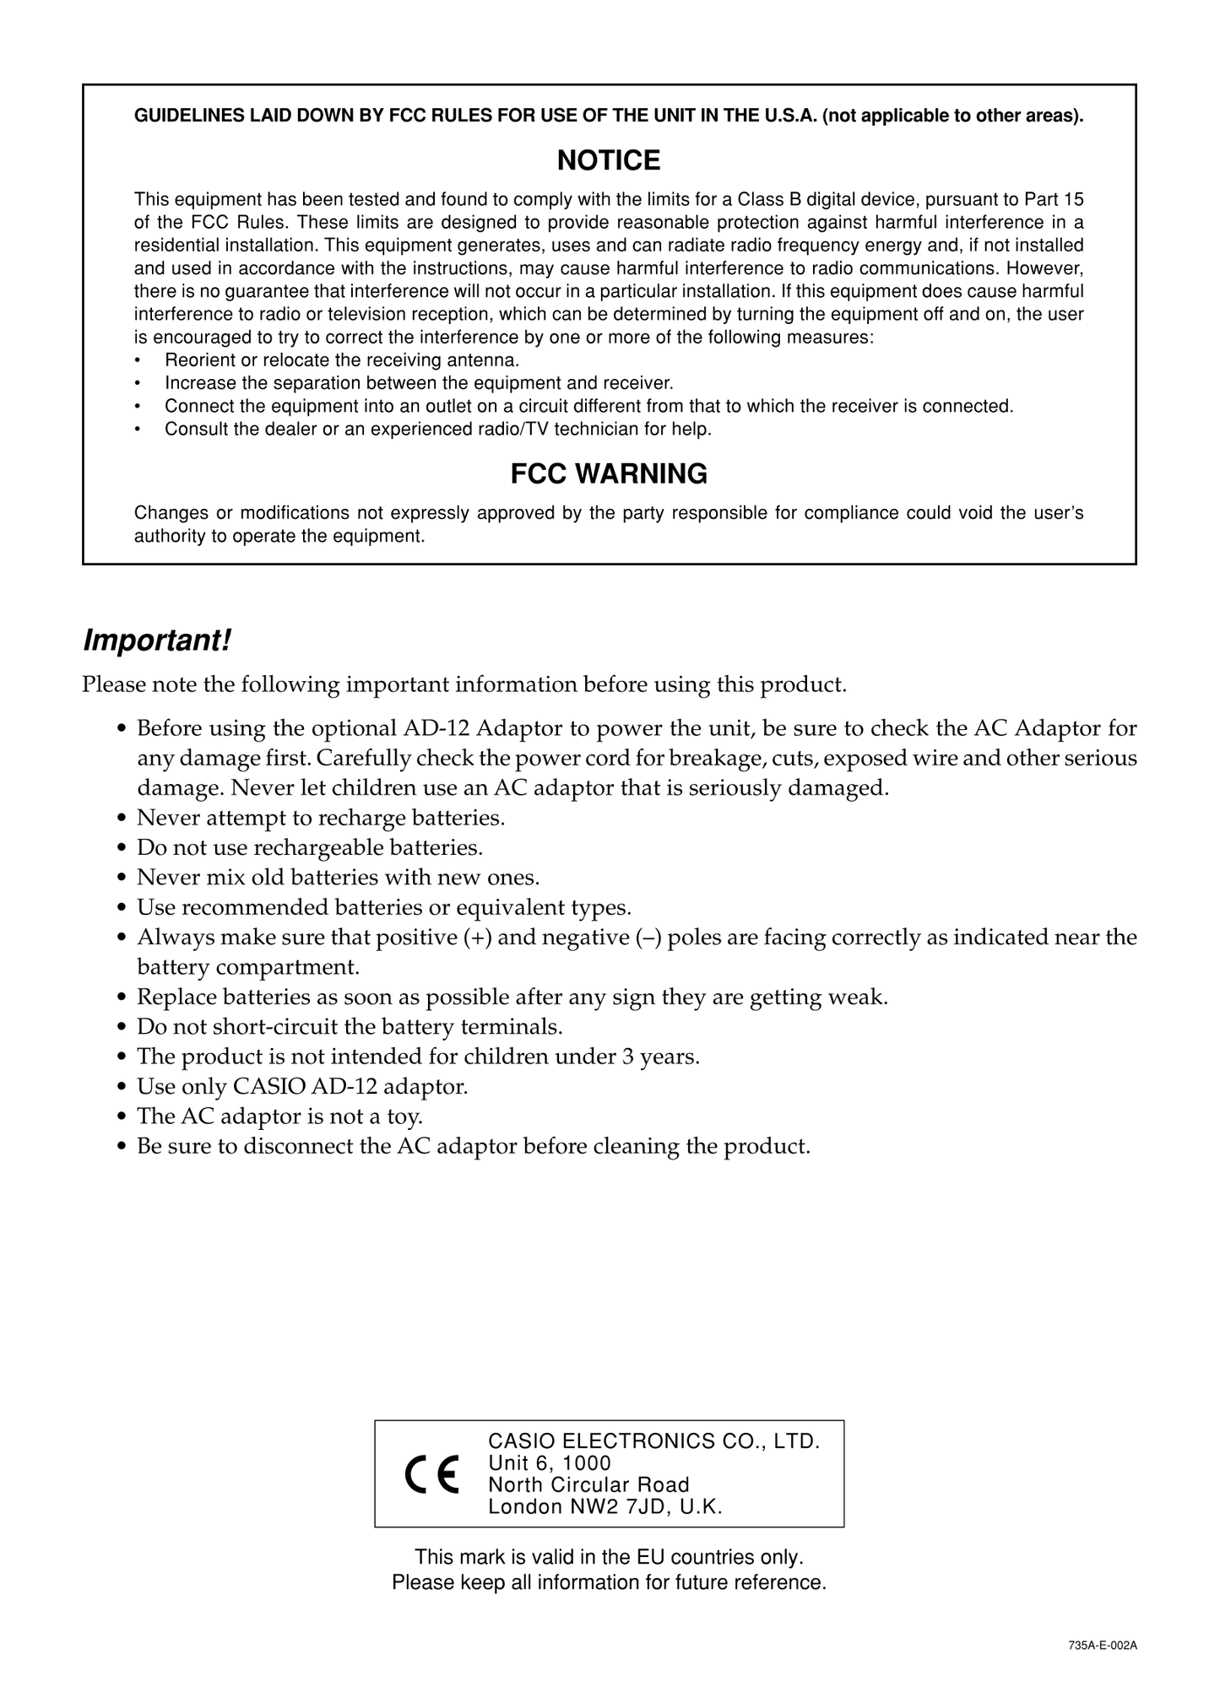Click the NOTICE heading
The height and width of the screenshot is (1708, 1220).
(609, 160)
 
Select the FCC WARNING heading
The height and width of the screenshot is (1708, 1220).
(609, 474)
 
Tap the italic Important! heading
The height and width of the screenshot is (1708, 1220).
(157, 640)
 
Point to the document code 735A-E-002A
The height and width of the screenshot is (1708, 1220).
(1103, 1646)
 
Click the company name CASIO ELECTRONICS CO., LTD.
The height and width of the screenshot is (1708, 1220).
(654, 1440)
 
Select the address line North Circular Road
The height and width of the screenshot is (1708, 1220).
(588, 1484)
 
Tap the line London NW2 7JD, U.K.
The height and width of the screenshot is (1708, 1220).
(605, 1506)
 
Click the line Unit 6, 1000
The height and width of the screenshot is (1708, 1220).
(550, 1462)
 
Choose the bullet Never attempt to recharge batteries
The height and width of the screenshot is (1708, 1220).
(321, 818)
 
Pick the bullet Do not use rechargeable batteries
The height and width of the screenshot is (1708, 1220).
(310, 847)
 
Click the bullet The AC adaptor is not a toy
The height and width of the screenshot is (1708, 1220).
(279, 1116)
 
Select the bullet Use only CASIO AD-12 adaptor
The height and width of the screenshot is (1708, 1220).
(302, 1087)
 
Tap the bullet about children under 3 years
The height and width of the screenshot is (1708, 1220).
(418, 1057)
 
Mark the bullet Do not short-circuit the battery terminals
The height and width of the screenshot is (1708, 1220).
(350, 1027)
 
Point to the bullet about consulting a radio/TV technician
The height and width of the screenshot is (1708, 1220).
(438, 430)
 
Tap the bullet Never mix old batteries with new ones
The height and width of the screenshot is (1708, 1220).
(338, 878)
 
